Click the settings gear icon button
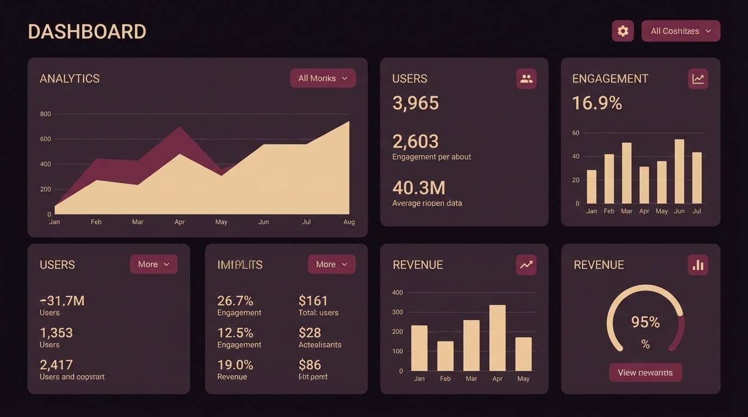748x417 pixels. (622, 31)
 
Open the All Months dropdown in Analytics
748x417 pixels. (323, 78)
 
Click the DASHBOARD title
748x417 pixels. (87, 31)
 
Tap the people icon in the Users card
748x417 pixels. (526, 79)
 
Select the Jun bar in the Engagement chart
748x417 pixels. (679, 171)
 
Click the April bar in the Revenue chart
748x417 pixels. (497, 338)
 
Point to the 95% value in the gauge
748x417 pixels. (645, 323)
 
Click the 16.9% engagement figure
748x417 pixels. (597, 103)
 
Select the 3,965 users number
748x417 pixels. (415, 103)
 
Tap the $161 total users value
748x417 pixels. (313, 301)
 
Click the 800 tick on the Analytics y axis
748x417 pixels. (45, 114)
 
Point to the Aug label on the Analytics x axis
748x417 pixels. (349, 222)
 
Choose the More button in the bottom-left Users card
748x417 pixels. (154, 264)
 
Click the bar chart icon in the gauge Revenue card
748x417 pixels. (698, 265)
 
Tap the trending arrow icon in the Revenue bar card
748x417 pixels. (526, 265)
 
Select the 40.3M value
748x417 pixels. (419, 188)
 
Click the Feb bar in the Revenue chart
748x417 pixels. (445, 356)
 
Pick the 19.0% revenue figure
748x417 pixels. (235, 365)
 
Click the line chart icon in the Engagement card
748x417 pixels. (698, 79)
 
